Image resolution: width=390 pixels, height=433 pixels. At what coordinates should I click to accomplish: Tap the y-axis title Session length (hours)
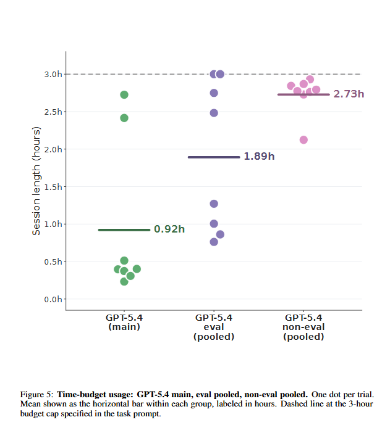(36, 181)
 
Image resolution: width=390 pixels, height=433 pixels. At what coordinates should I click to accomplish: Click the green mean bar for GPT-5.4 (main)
(124, 229)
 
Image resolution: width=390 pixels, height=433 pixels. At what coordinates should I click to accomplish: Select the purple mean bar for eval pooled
(214, 157)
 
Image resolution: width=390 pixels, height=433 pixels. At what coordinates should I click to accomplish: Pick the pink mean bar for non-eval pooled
(303, 94)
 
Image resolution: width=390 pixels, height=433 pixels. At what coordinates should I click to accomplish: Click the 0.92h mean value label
(169, 229)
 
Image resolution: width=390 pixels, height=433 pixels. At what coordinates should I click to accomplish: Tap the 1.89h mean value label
(259, 157)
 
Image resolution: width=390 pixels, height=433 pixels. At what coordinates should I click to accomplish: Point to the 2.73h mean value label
(349, 94)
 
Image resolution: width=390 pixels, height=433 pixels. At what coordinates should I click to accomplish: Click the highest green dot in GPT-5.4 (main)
(124, 94)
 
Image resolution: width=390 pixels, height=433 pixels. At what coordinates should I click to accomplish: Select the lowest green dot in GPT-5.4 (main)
(124, 281)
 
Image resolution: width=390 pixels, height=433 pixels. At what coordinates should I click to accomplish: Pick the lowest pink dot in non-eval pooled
(303, 139)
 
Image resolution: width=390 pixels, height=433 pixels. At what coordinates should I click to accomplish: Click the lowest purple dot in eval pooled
(214, 242)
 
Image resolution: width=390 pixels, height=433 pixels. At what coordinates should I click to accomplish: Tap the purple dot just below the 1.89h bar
(214, 204)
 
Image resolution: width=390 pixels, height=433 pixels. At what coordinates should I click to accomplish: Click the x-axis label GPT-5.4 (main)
(124, 322)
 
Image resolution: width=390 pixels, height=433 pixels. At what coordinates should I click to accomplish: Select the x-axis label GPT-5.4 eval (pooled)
(214, 327)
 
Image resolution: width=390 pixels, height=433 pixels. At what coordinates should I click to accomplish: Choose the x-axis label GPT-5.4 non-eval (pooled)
(303, 327)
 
